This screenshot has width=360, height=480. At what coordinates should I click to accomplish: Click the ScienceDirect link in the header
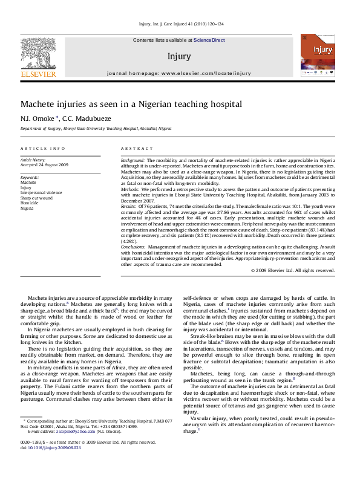click(x=209, y=40)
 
